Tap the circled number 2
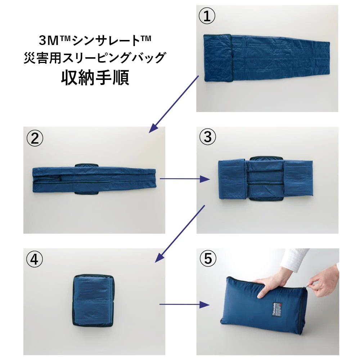pyautogui.click(x=35, y=139)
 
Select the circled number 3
pyautogui.click(x=207, y=137)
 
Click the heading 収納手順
pyautogui.click(x=95, y=77)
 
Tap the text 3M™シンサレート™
pyautogui.click(x=95, y=41)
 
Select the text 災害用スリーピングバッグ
pyautogui.click(x=95, y=58)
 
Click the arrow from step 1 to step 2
pyautogui.click(x=174, y=103)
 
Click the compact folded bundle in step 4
pyautogui.click(x=93, y=300)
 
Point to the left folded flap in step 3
pyautogui.click(x=232, y=179)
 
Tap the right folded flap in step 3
pyautogui.click(x=298, y=178)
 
